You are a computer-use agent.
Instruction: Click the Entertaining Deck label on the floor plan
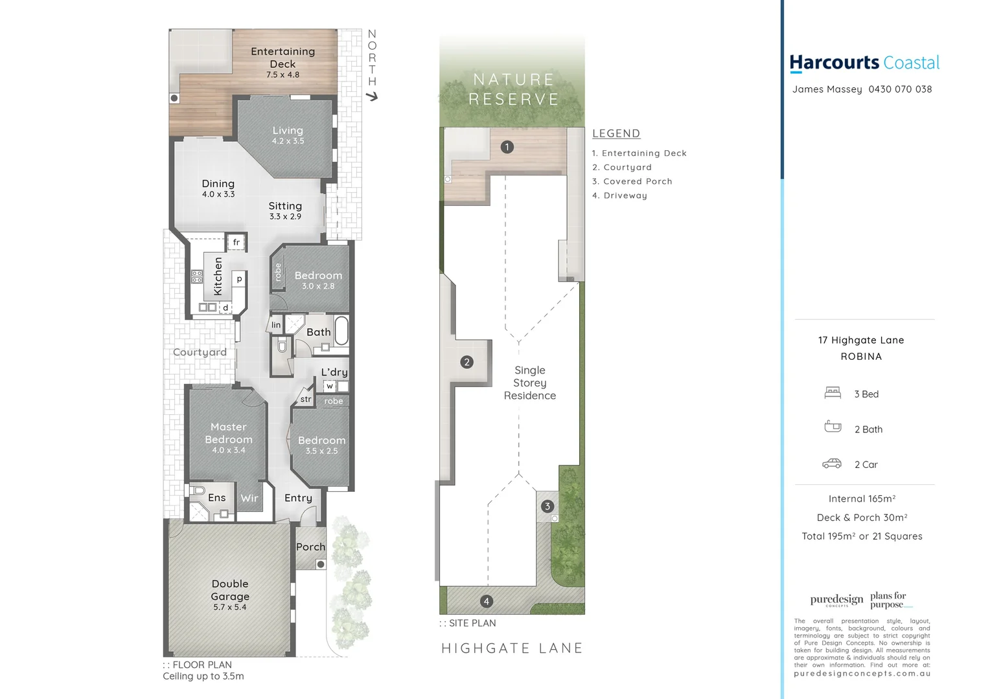[282, 58]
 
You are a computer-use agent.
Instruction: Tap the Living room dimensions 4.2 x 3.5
[288, 141]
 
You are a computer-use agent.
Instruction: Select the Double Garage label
[230, 590]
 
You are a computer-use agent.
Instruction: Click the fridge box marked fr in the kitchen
[236, 242]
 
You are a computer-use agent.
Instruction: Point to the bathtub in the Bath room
[341, 330]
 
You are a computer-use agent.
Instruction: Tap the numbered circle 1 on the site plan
[507, 147]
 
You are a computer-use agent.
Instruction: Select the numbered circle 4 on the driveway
[487, 601]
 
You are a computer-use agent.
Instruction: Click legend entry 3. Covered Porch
[632, 181]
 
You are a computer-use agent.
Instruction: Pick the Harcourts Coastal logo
[864, 63]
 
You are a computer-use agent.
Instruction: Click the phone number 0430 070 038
[900, 89]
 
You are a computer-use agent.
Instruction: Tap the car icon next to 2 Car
[832, 463]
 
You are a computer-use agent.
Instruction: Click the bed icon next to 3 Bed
[833, 393]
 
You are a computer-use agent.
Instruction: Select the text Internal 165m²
[862, 498]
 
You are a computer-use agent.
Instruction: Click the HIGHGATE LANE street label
[512, 649]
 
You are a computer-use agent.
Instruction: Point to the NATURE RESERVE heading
[513, 89]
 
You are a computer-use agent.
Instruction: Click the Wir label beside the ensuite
[249, 498]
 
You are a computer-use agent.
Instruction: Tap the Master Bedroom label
[229, 433]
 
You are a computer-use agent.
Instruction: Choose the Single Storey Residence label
[530, 383]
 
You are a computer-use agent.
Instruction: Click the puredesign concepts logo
[836, 600]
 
